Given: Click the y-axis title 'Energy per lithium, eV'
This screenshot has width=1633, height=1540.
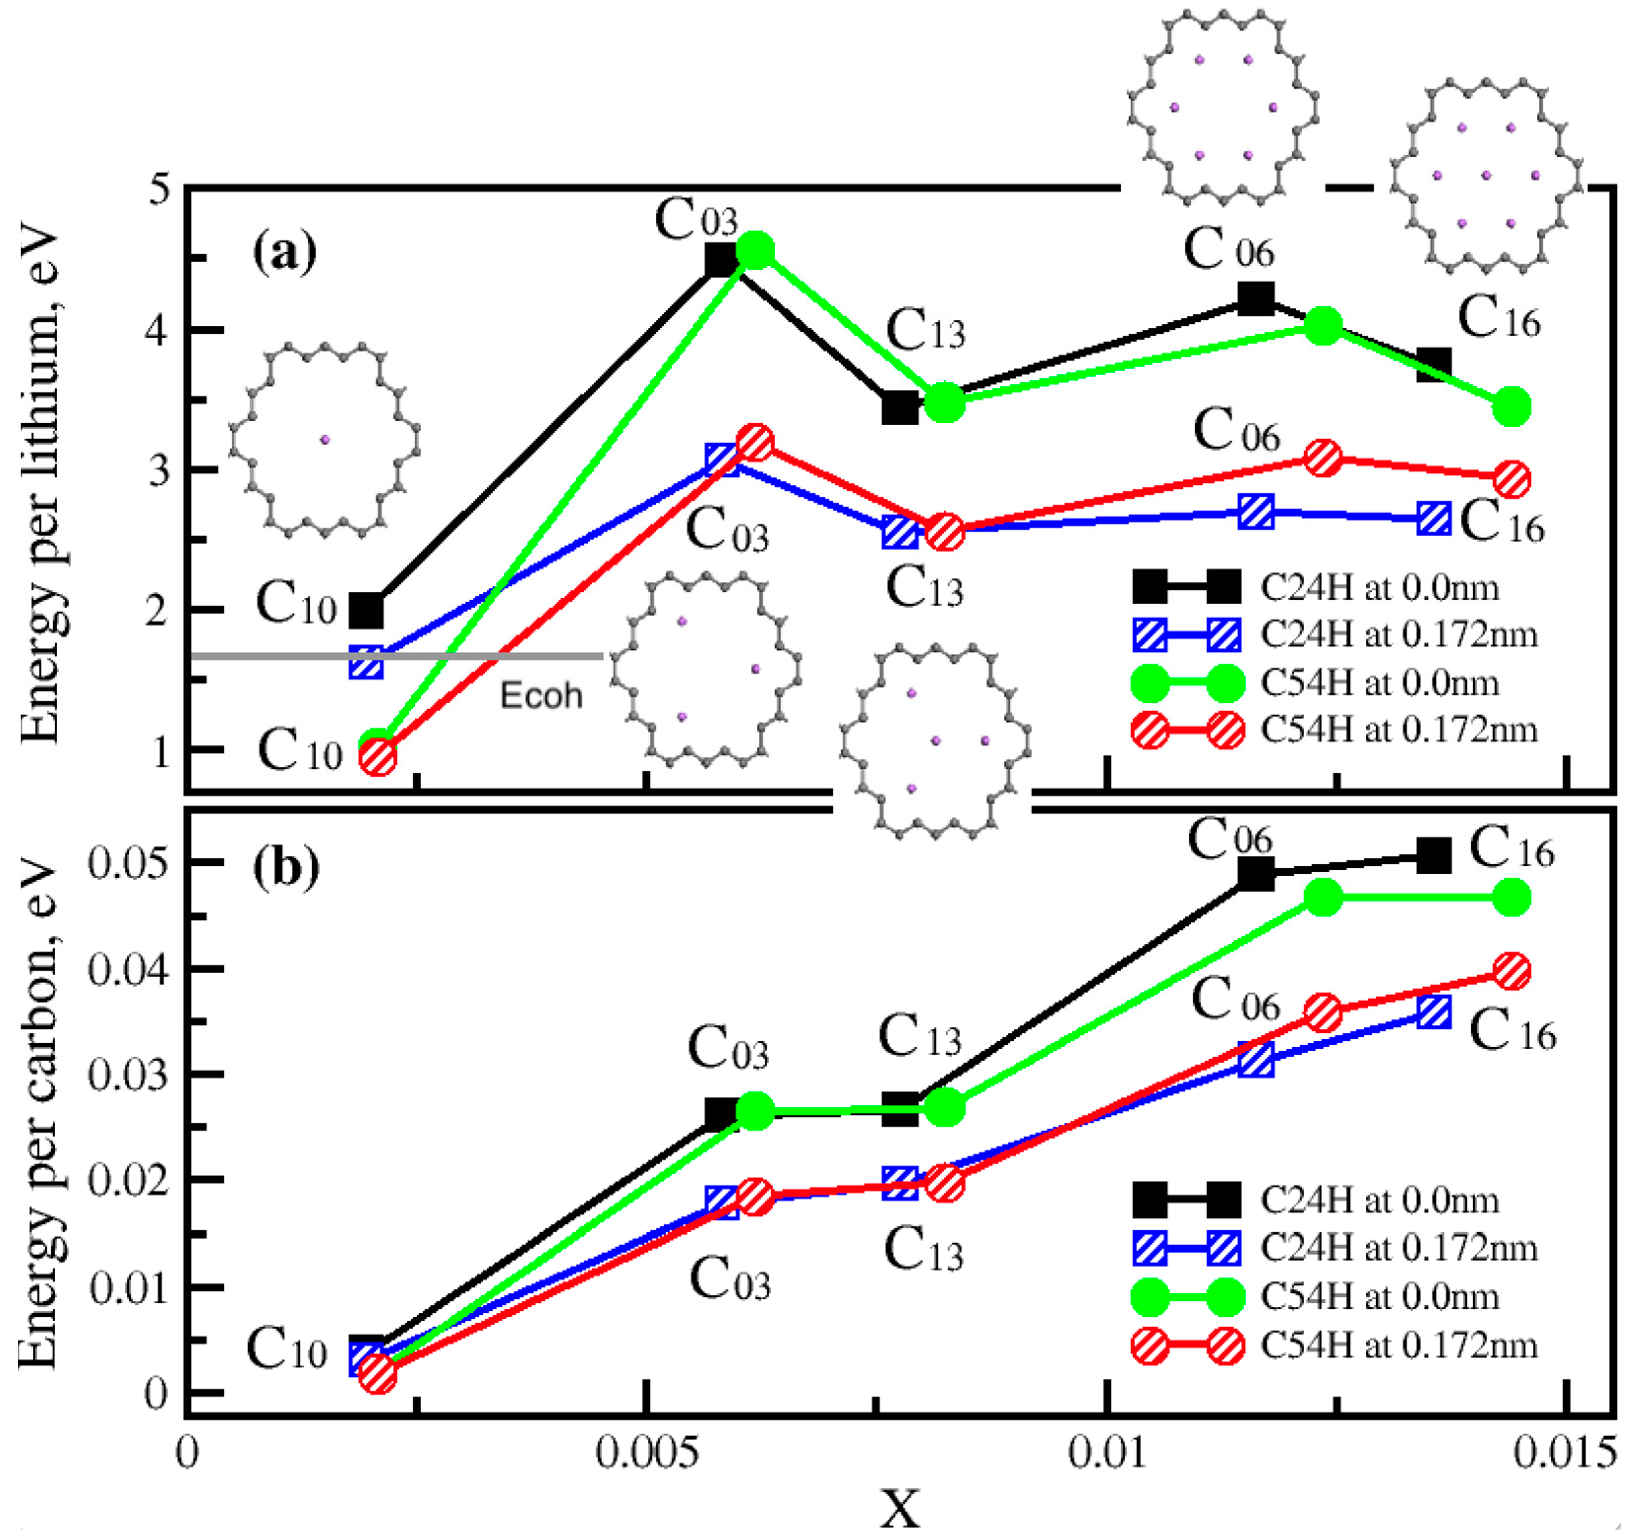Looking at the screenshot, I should [41, 485].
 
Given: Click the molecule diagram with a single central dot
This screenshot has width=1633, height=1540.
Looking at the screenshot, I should [324, 441].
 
